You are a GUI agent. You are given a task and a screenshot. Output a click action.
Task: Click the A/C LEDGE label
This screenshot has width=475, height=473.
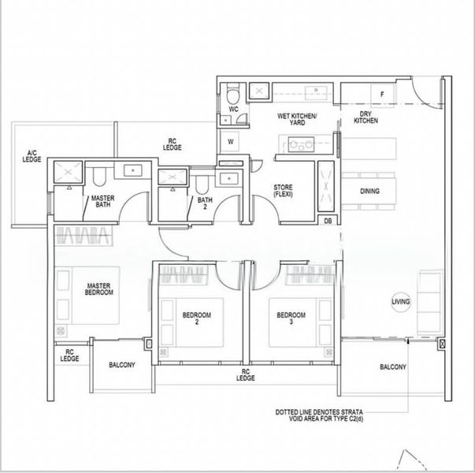[x=32, y=156]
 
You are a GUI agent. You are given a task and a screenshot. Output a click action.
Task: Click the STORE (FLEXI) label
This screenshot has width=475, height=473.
[x=283, y=191]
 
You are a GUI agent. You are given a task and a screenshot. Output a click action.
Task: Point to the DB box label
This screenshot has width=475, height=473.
[x=328, y=222]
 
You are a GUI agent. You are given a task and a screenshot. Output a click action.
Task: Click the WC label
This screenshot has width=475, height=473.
[x=234, y=109]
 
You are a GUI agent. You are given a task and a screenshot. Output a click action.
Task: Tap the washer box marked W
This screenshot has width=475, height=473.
[x=231, y=142]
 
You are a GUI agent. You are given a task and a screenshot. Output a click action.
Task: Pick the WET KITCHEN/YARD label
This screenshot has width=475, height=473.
[x=296, y=120]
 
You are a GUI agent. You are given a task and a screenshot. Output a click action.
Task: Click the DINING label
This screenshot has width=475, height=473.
[x=369, y=191]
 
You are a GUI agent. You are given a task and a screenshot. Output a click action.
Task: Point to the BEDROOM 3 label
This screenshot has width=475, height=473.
[x=291, y=319]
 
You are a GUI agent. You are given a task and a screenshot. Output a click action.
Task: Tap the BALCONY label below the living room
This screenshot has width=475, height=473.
[x=393, y=367]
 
